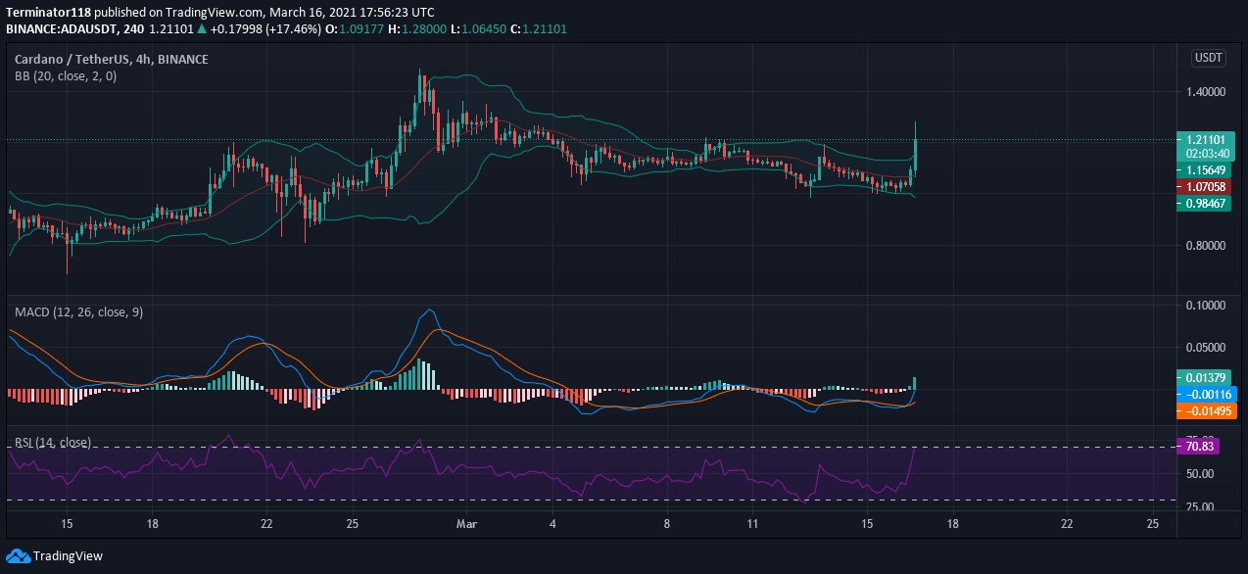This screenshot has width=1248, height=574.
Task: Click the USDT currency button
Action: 1208,58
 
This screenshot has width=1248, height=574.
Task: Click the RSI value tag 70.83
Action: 1204,447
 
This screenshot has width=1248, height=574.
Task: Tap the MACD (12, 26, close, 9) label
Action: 78,311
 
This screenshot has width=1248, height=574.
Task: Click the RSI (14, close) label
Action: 53,443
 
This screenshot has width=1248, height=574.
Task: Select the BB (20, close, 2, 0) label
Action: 65,75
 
